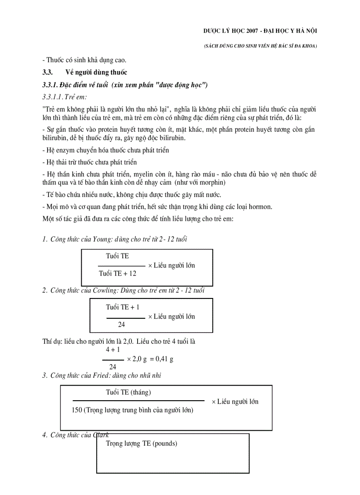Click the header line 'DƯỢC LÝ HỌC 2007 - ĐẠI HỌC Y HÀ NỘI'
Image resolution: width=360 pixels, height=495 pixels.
[260, 30]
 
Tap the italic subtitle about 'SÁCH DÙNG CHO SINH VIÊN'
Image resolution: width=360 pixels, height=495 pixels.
[260, 46]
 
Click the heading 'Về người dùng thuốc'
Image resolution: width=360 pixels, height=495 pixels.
[96, 72]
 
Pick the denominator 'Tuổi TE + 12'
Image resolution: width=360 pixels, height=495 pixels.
[118, 273]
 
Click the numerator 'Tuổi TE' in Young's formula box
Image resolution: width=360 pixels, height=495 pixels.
[117, 256]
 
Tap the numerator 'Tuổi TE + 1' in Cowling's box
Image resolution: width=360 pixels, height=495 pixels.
[122, 307]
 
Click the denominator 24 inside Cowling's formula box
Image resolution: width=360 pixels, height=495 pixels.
[121, 324]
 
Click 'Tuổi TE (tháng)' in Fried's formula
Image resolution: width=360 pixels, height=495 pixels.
[131, 392]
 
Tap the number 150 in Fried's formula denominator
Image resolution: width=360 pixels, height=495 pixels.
[76, 409]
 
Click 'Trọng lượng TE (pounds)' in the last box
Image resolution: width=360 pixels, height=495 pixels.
[141, 443]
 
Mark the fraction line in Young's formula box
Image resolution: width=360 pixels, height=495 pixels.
[121, 266]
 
